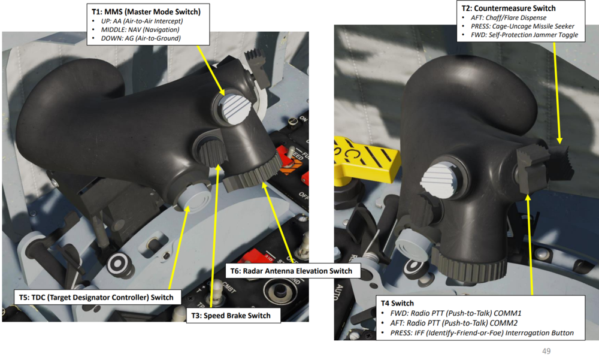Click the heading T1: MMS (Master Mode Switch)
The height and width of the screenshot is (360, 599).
(x=146, y=12)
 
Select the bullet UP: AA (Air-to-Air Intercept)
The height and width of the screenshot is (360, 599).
(x=142, y=21)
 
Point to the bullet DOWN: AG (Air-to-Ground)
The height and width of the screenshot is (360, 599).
(x=141, y=38)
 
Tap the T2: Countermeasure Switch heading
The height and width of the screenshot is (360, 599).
(x=509, y=8)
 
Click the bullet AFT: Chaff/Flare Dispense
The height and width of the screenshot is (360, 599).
(x=509, y=17)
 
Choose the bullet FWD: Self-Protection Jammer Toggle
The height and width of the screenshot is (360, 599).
(x=524, y=35)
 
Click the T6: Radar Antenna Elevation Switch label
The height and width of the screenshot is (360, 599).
(x=292, y=271)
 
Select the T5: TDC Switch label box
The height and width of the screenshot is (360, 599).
(x=96, y=297)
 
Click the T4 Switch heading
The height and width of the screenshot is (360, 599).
(x=397, y=304)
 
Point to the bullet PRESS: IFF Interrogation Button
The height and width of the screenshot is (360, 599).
(x=482, y=333)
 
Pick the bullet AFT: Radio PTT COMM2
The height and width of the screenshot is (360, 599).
(x=454, y=323)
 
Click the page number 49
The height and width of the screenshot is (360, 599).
(x=546, y=351)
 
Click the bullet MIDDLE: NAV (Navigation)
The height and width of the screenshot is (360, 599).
(x=140, y=30)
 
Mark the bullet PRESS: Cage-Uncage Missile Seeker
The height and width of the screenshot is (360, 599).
(x=522, y=26)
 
